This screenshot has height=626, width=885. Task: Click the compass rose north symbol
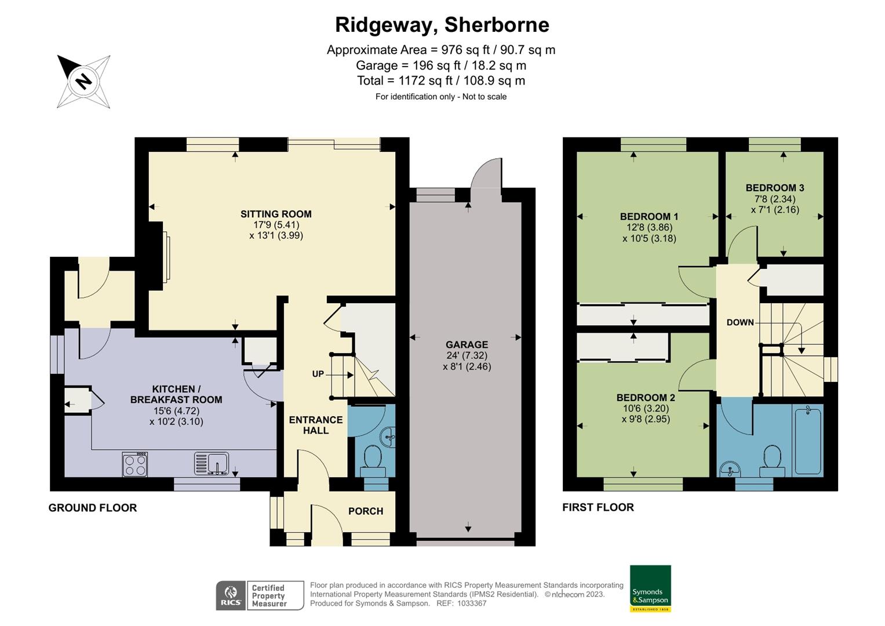[x=83, y=81]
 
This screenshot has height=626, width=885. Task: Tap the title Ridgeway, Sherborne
[x=442, y=25]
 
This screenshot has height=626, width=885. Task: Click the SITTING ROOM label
[x=276, y=214]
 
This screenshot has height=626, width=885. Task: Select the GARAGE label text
[x=467, y=344]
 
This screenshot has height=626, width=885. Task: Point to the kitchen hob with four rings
[x=135, y=465]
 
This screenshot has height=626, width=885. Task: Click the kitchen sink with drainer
[x=212, y=464]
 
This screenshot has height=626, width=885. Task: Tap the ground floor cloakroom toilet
[x=372, y=458]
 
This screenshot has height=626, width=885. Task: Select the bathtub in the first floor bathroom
[x=807, y=440]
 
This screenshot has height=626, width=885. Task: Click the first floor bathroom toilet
[x=772, y=457]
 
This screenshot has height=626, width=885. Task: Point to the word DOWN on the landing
[x=740, y=322]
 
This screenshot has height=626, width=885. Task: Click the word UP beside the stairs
[x=318, y=374]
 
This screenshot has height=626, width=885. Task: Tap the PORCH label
[x=365, y=511]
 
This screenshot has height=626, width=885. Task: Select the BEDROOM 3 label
[x=774, y=188]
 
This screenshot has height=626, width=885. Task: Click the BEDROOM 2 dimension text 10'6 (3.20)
[x=646, y=408]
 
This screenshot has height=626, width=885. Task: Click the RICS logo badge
[x=231, y=595]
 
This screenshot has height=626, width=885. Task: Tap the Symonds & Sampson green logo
[x=650, y=588]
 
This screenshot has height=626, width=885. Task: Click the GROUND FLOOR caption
[x=93, y=508]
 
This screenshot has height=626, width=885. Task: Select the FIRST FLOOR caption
[x=598, y=507]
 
